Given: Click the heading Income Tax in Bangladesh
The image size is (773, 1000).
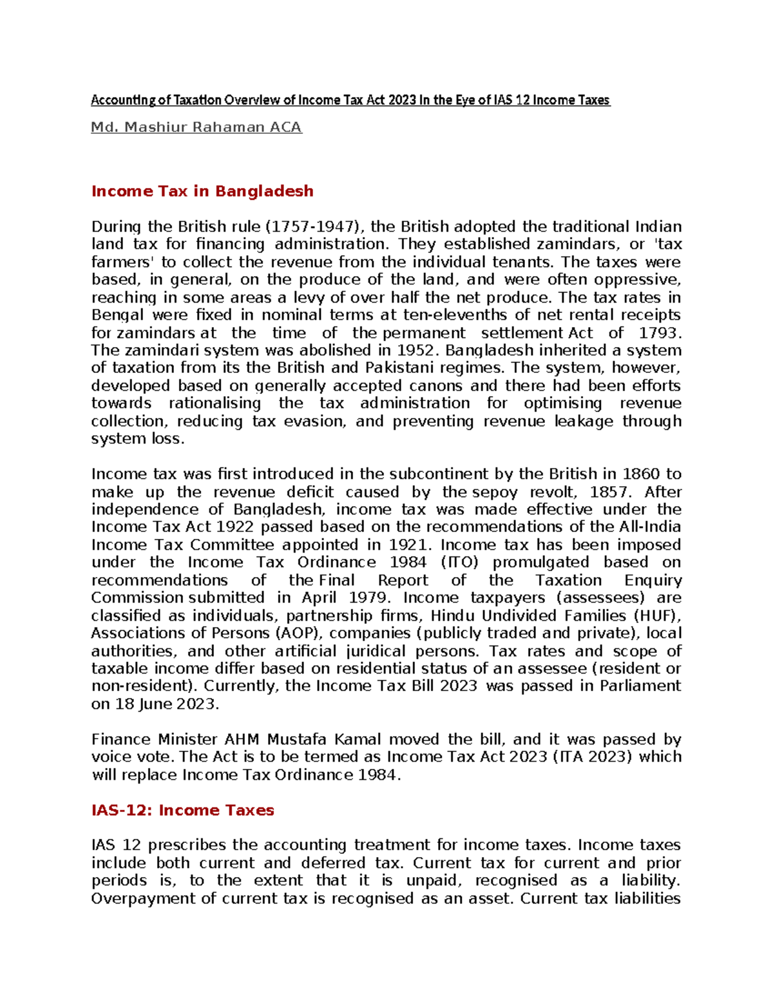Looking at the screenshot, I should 202,191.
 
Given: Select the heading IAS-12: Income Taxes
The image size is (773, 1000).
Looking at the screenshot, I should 183,810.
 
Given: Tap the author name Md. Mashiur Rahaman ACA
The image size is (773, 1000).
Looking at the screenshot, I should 196,127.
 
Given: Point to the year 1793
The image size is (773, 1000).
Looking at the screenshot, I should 658,333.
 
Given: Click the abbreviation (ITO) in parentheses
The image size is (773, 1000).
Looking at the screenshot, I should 460,562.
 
